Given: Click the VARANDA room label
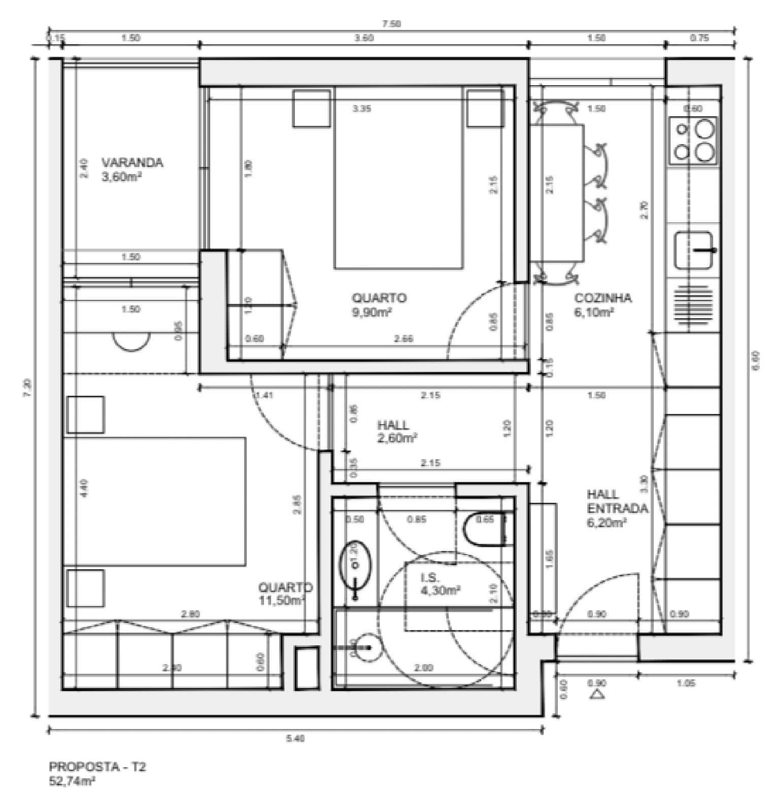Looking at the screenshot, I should click(132, 163).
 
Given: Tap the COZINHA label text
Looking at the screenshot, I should click(602, 298).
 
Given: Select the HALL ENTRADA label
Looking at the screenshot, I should click(617, 501).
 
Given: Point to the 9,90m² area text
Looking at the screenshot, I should click(372, 313).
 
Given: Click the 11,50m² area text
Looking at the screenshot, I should click(281, 600).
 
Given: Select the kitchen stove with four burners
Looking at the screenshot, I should click(694, 141).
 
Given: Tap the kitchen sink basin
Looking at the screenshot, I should click(694, 250).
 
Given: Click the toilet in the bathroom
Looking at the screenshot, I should click(484, 530).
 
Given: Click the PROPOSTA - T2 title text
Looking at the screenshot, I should click(97, 767).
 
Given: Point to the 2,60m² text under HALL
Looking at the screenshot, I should click(397, 438).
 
